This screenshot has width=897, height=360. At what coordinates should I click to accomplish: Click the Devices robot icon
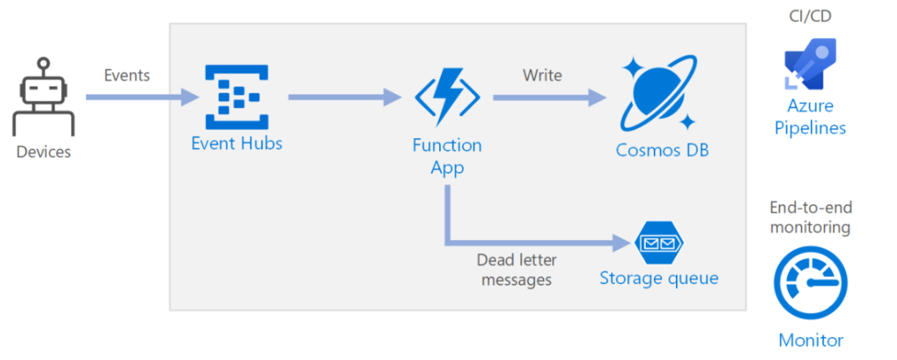pyautogui.click(x=43, y=96)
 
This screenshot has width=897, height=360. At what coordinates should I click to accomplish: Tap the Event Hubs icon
pyautogui.click(x=237, y=97)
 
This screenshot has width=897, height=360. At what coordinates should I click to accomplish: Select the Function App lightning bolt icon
pyautogui.click(x=448, y=97)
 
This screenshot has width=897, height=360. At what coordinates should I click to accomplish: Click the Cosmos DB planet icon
pyautogui.click(x=658, y=94)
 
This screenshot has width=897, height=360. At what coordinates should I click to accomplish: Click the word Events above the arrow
pyautogui.click(x=126, y=76)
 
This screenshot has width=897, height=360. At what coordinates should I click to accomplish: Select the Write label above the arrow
pyautogui.click(x=542, y=75)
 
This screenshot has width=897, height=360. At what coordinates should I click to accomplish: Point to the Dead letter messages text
pyautogui.click(x=516, y=269)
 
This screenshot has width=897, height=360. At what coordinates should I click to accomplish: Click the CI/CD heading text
pyautogui.click(x=809, y=16)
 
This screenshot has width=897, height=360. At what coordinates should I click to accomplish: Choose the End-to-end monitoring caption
pyautogui.click(x=810, y=217)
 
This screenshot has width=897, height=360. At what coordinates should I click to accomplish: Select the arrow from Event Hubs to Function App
pyautogui.click(x=345, y=97)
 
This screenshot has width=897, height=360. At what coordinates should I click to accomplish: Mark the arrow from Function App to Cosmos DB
pyautogui.click(x=550, y=98)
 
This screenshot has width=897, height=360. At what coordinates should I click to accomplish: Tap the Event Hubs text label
pyautogui.click(x=237, y=143)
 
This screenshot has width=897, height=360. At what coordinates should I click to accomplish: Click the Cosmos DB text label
pyautogui.click(x=662, y=150)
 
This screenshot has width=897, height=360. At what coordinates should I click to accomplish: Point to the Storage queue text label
pyautogui.click(x=659, y=279)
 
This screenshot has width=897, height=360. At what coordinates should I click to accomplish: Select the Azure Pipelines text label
pyautogui.click(x=811, y=117)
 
